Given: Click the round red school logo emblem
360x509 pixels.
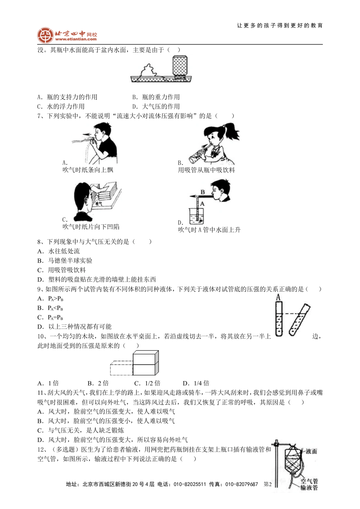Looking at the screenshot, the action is pos(45,36).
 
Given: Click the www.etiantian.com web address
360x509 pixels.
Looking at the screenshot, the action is pos(76,39).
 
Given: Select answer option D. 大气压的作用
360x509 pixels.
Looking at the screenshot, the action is pos(156,106).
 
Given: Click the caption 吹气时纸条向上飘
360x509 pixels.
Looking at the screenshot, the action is pos(88,170).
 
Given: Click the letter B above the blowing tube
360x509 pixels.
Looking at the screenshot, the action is pos(203,192).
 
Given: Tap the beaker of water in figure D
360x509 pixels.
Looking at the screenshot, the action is pos(197,216).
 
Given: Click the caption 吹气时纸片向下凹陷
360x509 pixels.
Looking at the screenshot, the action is pos(91,227).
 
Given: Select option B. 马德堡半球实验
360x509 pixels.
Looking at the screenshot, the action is pos(65,261).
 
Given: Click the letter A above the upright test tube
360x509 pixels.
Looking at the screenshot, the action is pos(278,297).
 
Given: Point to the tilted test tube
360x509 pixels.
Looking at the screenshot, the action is pos(300,320).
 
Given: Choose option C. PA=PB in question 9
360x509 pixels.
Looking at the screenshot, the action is pos(50,317).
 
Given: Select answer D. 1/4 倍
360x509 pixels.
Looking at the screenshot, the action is pos(196,383).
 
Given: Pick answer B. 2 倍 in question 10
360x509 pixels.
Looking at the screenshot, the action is pos(98,383).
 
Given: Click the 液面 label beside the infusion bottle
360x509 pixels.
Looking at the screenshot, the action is pos(311,451).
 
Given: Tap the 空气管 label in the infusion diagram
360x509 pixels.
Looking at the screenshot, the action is pos(309,481).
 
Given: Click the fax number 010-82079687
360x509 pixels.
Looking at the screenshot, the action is pos(242,484).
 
